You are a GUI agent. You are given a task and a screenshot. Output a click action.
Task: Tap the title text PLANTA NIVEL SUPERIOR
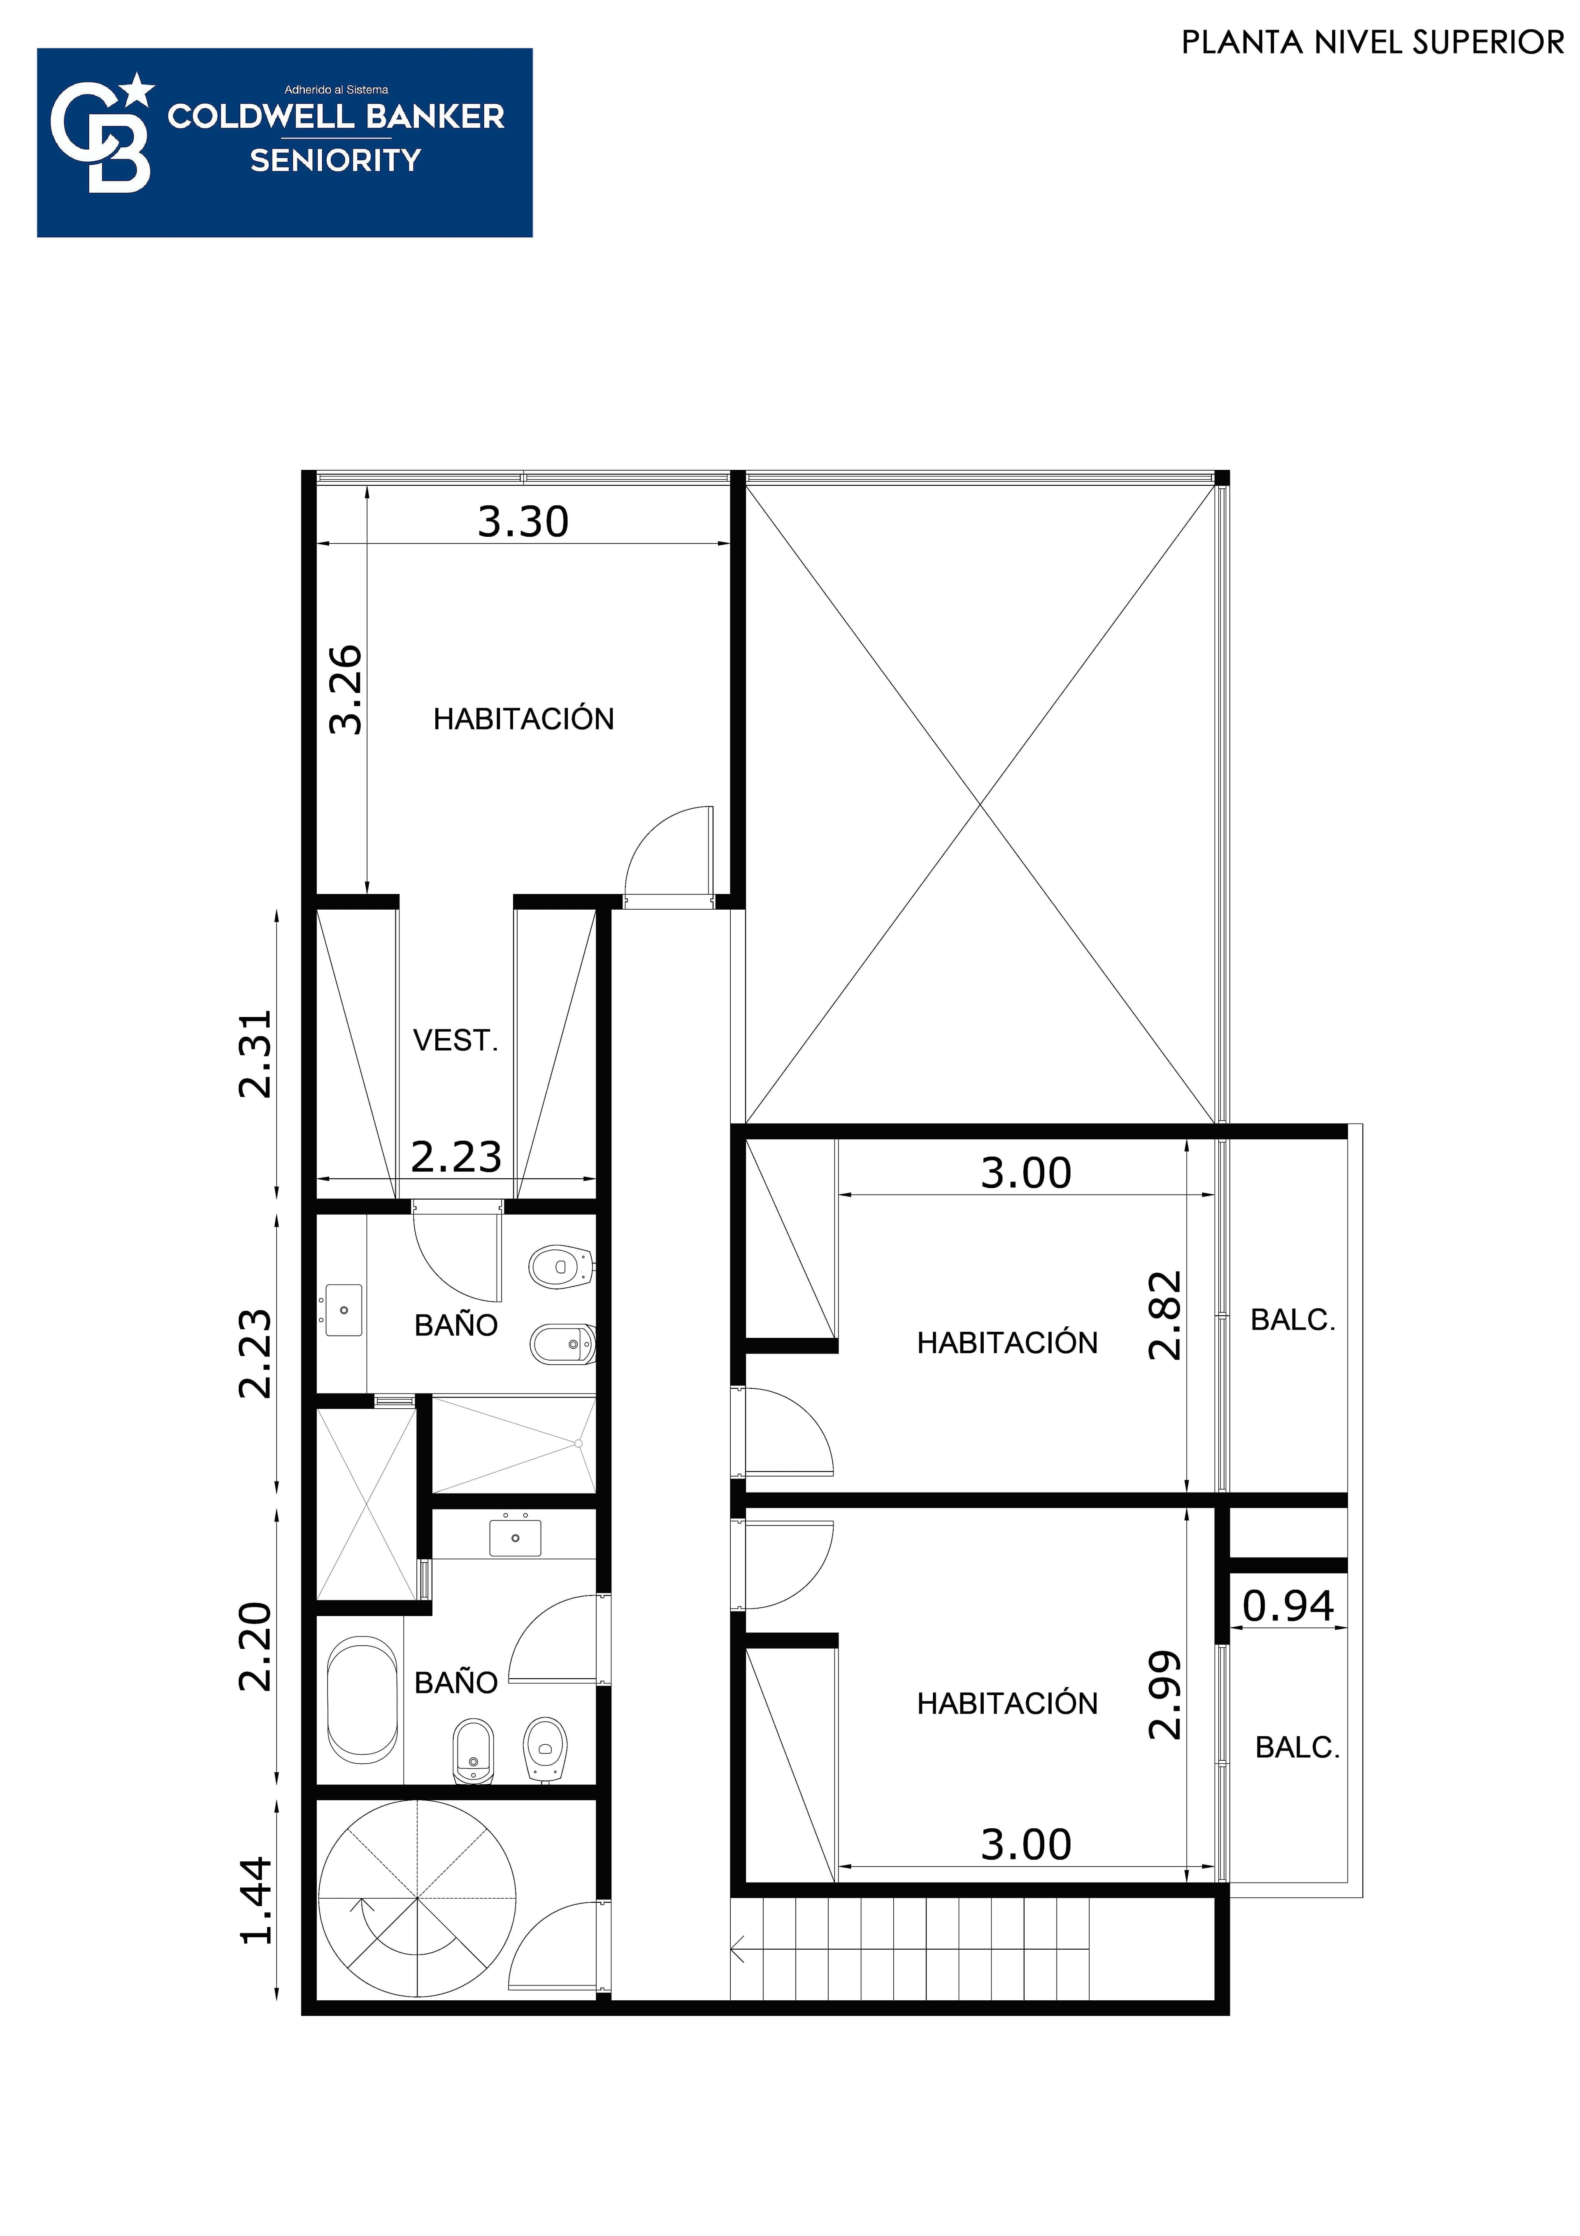click(x=1373, y=43)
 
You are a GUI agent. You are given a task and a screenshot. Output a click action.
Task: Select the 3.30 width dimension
click(x=523, y=522)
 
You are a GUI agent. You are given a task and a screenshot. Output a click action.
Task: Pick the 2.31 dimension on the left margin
click(x=255, y=1055)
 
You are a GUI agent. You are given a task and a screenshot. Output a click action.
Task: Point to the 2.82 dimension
click(x=1165, y=1315)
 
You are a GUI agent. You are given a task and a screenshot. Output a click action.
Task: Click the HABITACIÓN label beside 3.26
click(x=524, y=719)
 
